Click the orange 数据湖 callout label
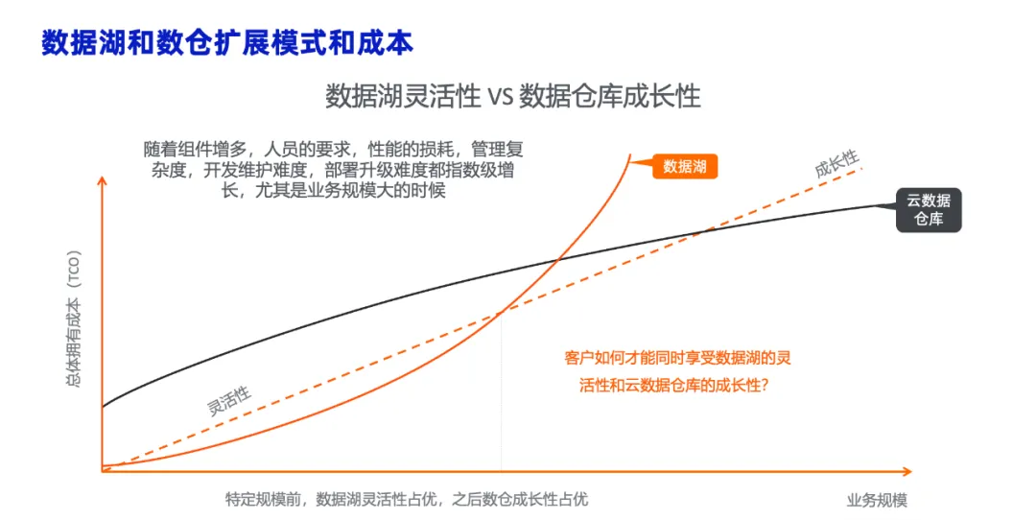(685, 167)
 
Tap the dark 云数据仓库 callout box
(929, 210)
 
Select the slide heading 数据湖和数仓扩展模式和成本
(227, 43)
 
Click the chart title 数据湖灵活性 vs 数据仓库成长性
(512, 97)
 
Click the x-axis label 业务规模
(877, 500)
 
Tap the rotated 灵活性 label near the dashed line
(229, 400)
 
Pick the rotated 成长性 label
(836, 163)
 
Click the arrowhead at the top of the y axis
(103, 179)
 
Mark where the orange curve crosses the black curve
(559, 260)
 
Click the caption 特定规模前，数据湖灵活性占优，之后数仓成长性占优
(407, 499)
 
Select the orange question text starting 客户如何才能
(677, 371)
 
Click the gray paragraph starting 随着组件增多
(333, 170)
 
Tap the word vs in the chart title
(500, 98)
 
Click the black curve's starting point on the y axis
(103, 407)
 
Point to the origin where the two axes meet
(103, 471)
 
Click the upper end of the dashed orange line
(863, 169)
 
